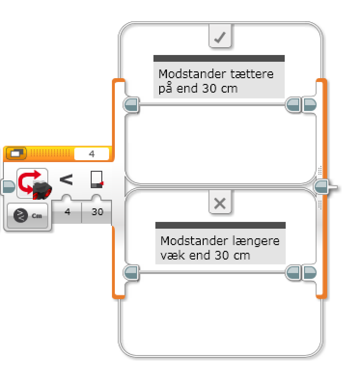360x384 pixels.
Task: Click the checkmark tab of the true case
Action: tap(220, 37)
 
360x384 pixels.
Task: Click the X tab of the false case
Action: tap(220, 203)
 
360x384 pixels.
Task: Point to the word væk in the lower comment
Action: tap(170, 254)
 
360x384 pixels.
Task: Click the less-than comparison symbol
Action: tap(66, 179)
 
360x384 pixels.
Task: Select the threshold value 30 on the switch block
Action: tap(97, 211)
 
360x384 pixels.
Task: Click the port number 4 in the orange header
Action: tap(92, 154)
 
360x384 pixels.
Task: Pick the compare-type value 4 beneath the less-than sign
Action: tap(68, 211)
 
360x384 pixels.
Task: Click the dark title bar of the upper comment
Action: tap(219, 58)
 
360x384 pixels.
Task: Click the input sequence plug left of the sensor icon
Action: tap(8, 186)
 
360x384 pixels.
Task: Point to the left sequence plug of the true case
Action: tap(131, 104)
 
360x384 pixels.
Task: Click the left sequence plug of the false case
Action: tap(131, 273)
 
